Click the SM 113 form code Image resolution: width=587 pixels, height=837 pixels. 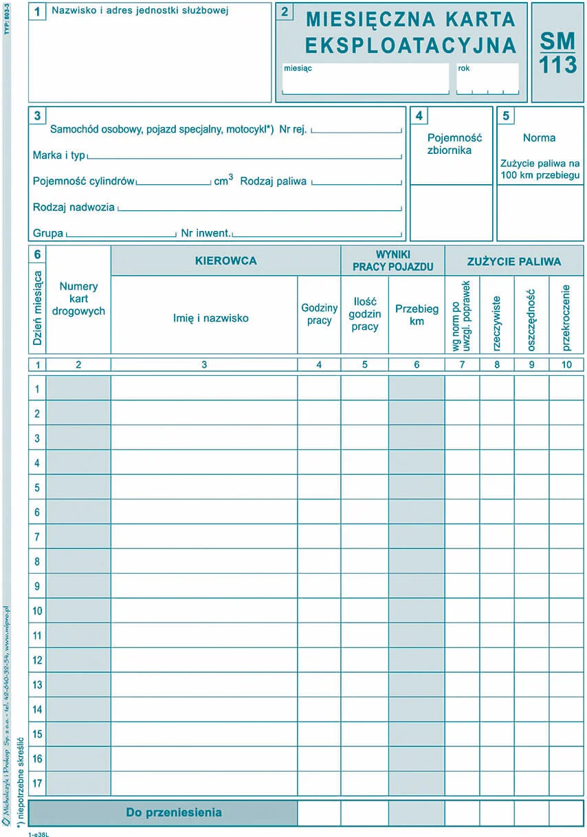coord(557,53)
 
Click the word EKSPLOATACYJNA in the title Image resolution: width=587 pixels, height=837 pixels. coord(410,45)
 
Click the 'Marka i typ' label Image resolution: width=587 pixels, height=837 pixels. coord(58,155)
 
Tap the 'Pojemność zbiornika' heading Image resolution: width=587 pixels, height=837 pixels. coord(450,144)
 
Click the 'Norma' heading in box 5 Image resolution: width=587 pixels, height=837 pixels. coord(539,137)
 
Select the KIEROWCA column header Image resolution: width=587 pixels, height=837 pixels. coord(225,261)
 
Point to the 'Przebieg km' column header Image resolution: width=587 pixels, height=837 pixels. coord(417,315)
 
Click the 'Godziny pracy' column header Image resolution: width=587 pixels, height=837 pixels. coord(319,315)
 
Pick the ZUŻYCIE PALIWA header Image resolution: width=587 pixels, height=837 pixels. coord(514,261)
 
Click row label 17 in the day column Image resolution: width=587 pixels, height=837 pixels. coord(37,783)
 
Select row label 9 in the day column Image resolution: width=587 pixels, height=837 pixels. coord(37,586)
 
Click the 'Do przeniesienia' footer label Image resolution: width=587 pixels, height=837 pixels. coord(174,812)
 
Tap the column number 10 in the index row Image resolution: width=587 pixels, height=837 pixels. coord(566,365)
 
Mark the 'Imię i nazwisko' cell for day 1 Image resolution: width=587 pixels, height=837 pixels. coord(203,388)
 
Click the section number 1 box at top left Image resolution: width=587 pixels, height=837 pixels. coord(37,12)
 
